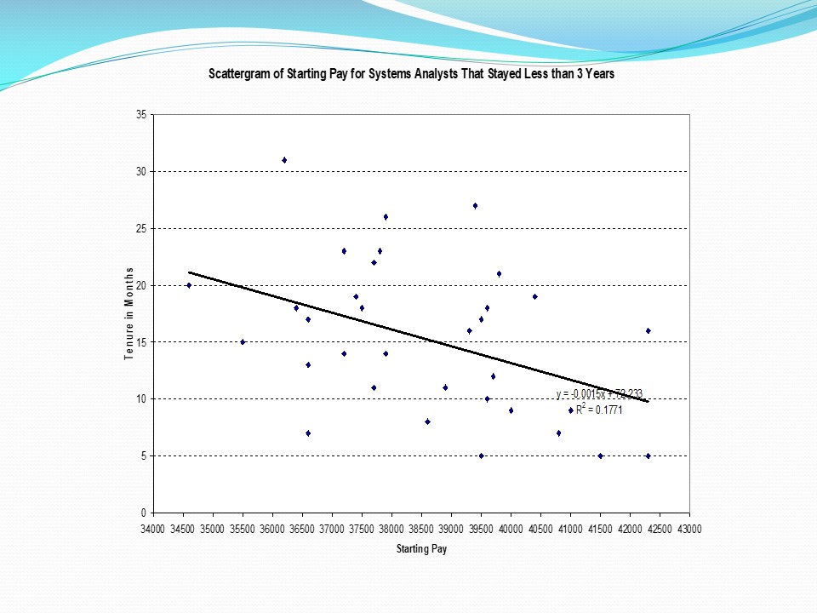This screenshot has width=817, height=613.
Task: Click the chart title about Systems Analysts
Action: click(412, 74)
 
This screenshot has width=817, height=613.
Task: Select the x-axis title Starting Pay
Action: click(420, 549)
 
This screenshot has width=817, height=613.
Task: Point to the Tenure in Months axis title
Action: click(129, 313)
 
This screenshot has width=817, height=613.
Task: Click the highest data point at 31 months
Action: click(284, 160)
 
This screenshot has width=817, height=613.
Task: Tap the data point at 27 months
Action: click(475, 205)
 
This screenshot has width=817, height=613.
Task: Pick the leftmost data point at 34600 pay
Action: click(189, 285)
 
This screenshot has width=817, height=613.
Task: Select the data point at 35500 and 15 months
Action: click(243, 342)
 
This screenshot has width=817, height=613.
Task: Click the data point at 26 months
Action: click(386, 217)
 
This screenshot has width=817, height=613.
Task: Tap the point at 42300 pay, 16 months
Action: click(648, 330)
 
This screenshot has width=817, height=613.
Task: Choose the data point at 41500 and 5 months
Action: click(600, 455)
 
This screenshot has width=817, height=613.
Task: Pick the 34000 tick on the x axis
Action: click(153, 529)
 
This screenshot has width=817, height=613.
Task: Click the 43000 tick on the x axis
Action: click(689, 529)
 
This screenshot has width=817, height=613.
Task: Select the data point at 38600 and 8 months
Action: click(427, 421)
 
